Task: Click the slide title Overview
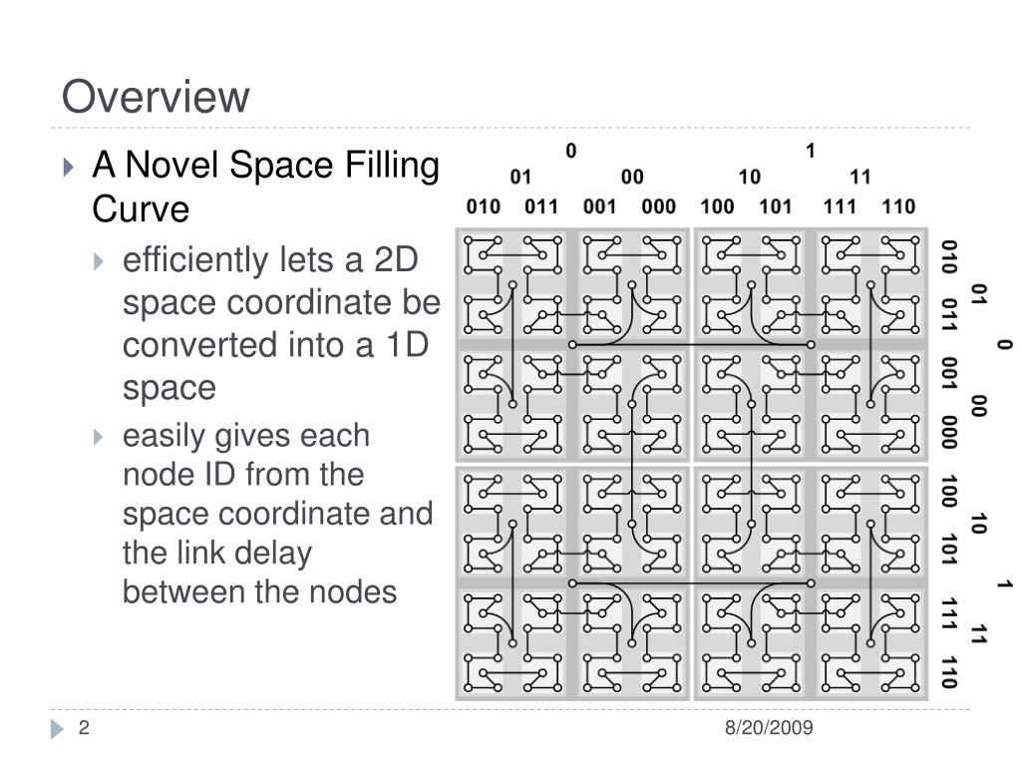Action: (x=155, y=97)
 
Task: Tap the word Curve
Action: (x=140, y=209)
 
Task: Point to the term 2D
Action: (x=397, y=261)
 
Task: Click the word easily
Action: (x=160, y=437)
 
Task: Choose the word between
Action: (x=184, y=592)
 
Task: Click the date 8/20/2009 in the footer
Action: (x=769, y=728)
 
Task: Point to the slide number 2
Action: (x=85, y=728)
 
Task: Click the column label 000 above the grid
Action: (x=658, y=207)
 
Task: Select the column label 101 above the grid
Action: (x=775, y=207)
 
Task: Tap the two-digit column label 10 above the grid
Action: (x=750, y=178)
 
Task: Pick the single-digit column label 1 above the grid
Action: (x=811, y=152)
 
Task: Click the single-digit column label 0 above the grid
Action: (x=571, y=152)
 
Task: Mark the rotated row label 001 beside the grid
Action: (x=948, y=374)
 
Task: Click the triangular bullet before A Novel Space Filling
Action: (x=69, y=167)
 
